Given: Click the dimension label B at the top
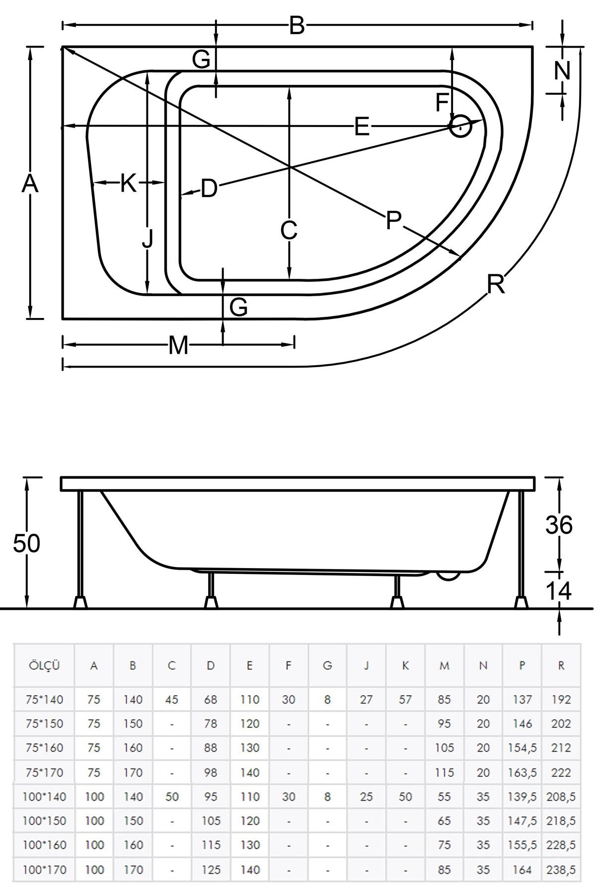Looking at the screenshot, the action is coord(297,25).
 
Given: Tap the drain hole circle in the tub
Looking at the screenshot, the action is coord(460,126).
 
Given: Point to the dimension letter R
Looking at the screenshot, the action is coord(496,284).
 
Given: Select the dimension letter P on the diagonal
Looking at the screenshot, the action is coord(393,220).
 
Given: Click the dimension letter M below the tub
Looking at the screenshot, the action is coord(178,345).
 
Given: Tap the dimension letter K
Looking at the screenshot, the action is coord(128,184).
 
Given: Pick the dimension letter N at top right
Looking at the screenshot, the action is coord(562,70).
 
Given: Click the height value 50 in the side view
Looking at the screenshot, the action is coord(26,544).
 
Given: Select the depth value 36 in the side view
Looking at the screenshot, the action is coord(559,525).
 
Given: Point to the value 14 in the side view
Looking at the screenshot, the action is coord(559,590).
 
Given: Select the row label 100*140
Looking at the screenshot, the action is coord(44,797).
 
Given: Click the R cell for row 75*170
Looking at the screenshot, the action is coord(561,772).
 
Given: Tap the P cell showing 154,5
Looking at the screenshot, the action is coord(522,748).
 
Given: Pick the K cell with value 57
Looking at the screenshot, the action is coord(405,700).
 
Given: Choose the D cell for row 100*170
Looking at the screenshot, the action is coord(211,870).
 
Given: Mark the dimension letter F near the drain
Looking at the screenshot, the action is coord(442,103).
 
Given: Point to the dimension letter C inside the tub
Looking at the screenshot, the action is coord(289,230).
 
